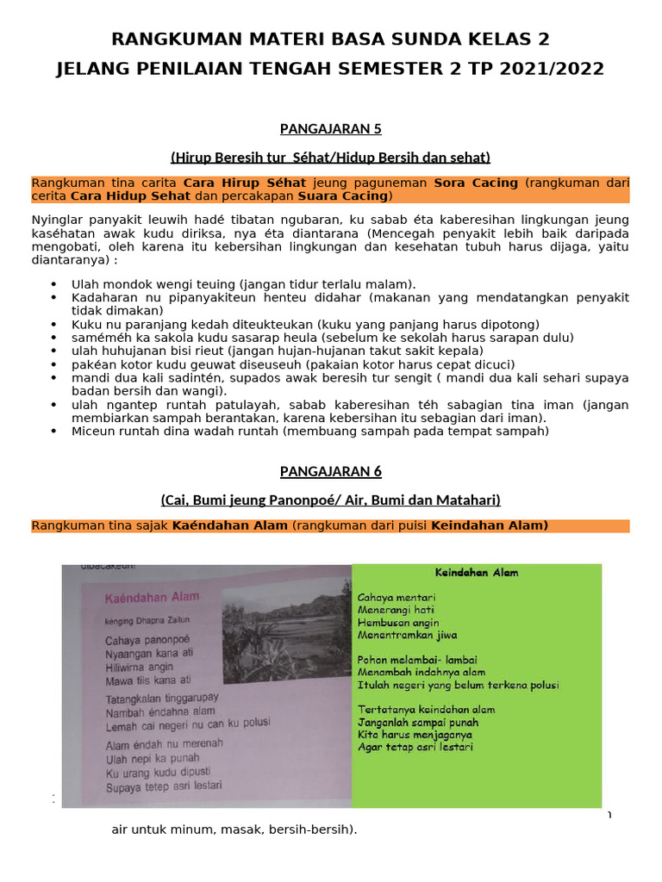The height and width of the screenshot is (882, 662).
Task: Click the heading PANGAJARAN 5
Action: (330, 129)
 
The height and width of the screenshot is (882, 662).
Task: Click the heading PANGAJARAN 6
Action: (330, 471)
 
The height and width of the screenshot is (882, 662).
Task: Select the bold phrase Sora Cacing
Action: (476, 183)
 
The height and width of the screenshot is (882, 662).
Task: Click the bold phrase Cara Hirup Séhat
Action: (247, 183)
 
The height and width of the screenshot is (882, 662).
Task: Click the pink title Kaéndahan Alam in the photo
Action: (152, 596)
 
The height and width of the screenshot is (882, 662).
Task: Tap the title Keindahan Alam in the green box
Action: (476, 572)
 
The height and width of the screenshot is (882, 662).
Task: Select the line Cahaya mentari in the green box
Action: (397, 597)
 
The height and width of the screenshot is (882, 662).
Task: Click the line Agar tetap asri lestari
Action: (415, 748)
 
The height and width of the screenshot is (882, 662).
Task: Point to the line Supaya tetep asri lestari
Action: (163, 786)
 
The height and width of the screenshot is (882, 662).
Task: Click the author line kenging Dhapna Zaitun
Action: (146, 619)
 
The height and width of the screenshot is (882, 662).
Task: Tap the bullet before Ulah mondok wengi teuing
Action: (54, 284)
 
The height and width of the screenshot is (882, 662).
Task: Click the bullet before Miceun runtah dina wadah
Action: (54, 432)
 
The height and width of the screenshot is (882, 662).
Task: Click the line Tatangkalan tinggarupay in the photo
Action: (162, 697)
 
